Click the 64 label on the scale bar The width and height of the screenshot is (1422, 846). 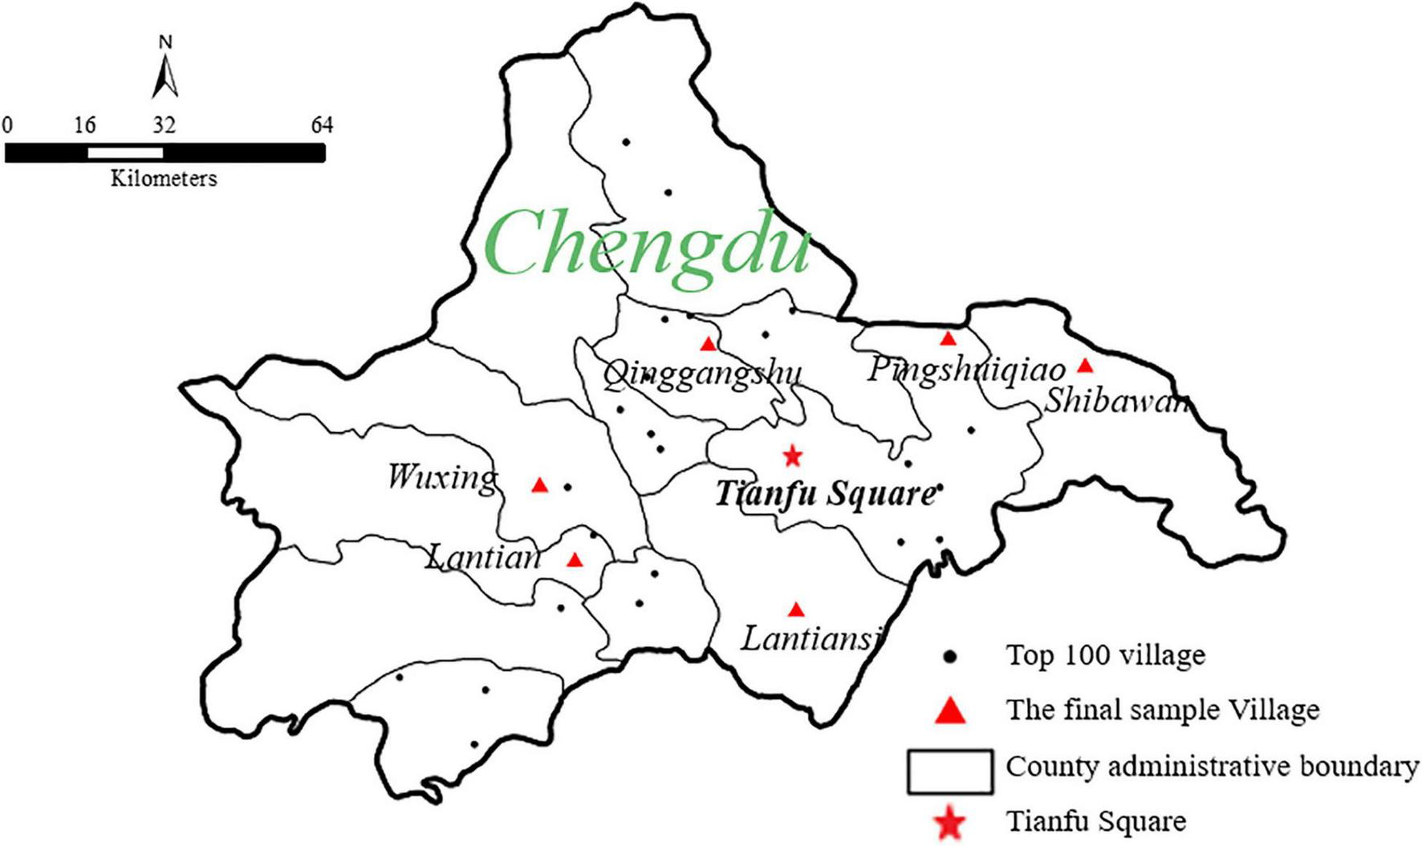322,125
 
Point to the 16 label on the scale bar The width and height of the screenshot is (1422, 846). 85,125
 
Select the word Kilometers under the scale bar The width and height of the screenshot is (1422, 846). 164,178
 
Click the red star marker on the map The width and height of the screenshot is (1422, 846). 793,456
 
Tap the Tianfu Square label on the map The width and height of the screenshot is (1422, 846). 825,493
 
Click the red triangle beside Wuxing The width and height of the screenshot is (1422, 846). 540,485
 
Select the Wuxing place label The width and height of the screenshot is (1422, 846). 442,477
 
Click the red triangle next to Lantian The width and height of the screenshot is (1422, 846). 575,560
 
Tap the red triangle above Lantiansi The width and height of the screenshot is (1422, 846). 796,610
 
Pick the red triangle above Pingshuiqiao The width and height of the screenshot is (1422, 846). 949,338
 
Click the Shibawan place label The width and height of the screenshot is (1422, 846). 1115,400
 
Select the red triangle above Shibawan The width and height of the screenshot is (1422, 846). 1085,366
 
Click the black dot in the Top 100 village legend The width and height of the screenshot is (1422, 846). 951,657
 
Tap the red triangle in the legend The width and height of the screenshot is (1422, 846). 951,710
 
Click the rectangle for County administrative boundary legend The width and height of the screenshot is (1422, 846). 949,771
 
